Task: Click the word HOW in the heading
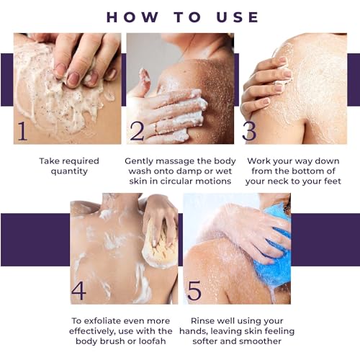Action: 132,17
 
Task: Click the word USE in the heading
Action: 238,17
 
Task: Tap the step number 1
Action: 22,131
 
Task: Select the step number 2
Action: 137,131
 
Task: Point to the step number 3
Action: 249,131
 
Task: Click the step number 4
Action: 78,291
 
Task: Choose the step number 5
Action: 194,291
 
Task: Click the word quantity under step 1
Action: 69,171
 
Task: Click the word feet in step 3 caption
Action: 333,181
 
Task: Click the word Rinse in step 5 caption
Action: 202,321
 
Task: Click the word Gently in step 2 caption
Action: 138,161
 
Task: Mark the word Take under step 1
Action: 49,161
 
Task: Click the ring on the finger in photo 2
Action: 156,128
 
